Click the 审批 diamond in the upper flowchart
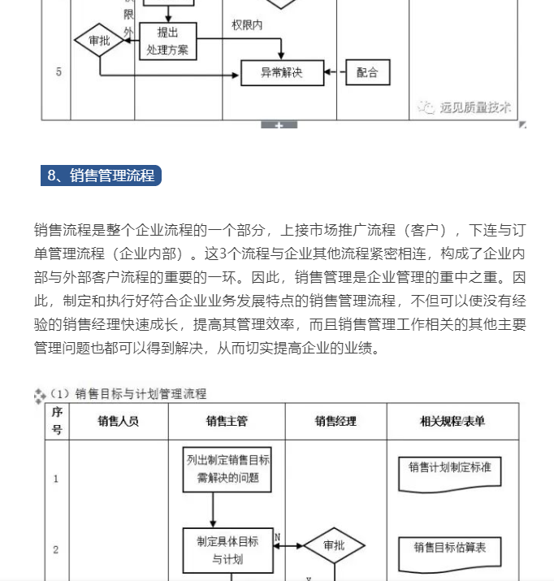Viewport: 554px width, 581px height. click(x=98, y=41)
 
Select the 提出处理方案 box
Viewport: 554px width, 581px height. click(x=168, y=41)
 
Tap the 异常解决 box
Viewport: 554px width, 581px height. click(x=282, y=72)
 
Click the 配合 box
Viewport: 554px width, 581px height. click(x=367, y=72)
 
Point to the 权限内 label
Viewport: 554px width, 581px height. click(x=247, y=25)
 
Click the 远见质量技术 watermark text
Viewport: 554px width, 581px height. click(x=475, y=107)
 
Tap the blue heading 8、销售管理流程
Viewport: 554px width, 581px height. click(x=101, y=176)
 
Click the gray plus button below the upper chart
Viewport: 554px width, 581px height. click(x=279, y=124)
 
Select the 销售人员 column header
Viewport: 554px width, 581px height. click(x=119, y=421)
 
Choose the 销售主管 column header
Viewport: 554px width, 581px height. click(x=227, y=421)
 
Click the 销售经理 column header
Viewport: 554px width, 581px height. click(x=335, y=421)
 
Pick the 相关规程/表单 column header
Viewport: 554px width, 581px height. click(x=452, y=421)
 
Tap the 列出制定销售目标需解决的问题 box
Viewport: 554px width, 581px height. click(x=227, y=469)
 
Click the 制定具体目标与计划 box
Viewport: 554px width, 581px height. click(x=227, y=549)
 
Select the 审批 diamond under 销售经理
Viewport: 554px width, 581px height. click(x=334, y=546)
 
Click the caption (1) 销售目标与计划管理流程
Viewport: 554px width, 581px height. click(x=128, y=394)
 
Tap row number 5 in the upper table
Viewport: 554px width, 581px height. click(x=58, y=72)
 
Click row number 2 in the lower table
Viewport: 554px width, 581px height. click(x=56, y=549)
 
